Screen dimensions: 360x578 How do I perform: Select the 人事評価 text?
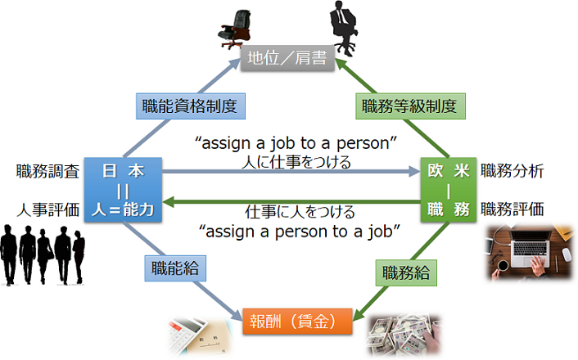click(x=47, y=209)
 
